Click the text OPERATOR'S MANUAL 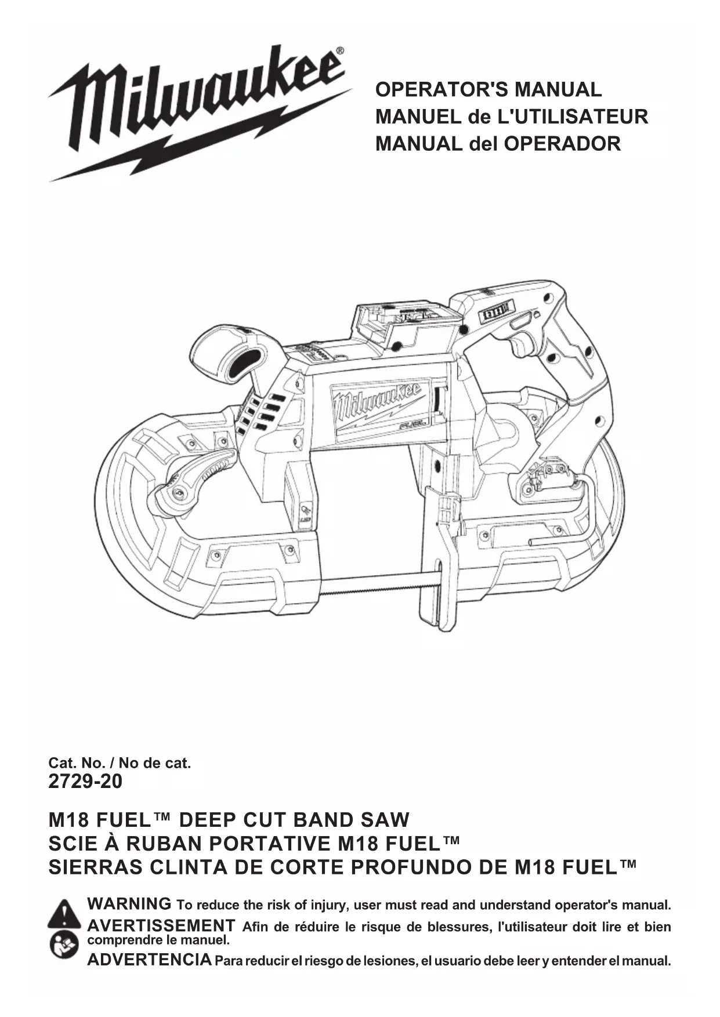tap(489, 90)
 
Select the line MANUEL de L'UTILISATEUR tap(511, 117)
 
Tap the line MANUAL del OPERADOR tap(498, 143)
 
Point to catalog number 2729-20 tap(85, 782)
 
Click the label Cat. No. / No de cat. tap(120, 763)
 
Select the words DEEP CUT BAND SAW tap(294, 820)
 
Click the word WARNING tap(129, 904)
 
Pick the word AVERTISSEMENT tap(161, 925)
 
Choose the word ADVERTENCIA tap(149, 960)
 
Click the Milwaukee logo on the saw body tap(376, 406)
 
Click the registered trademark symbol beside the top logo tap(339, 51)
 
